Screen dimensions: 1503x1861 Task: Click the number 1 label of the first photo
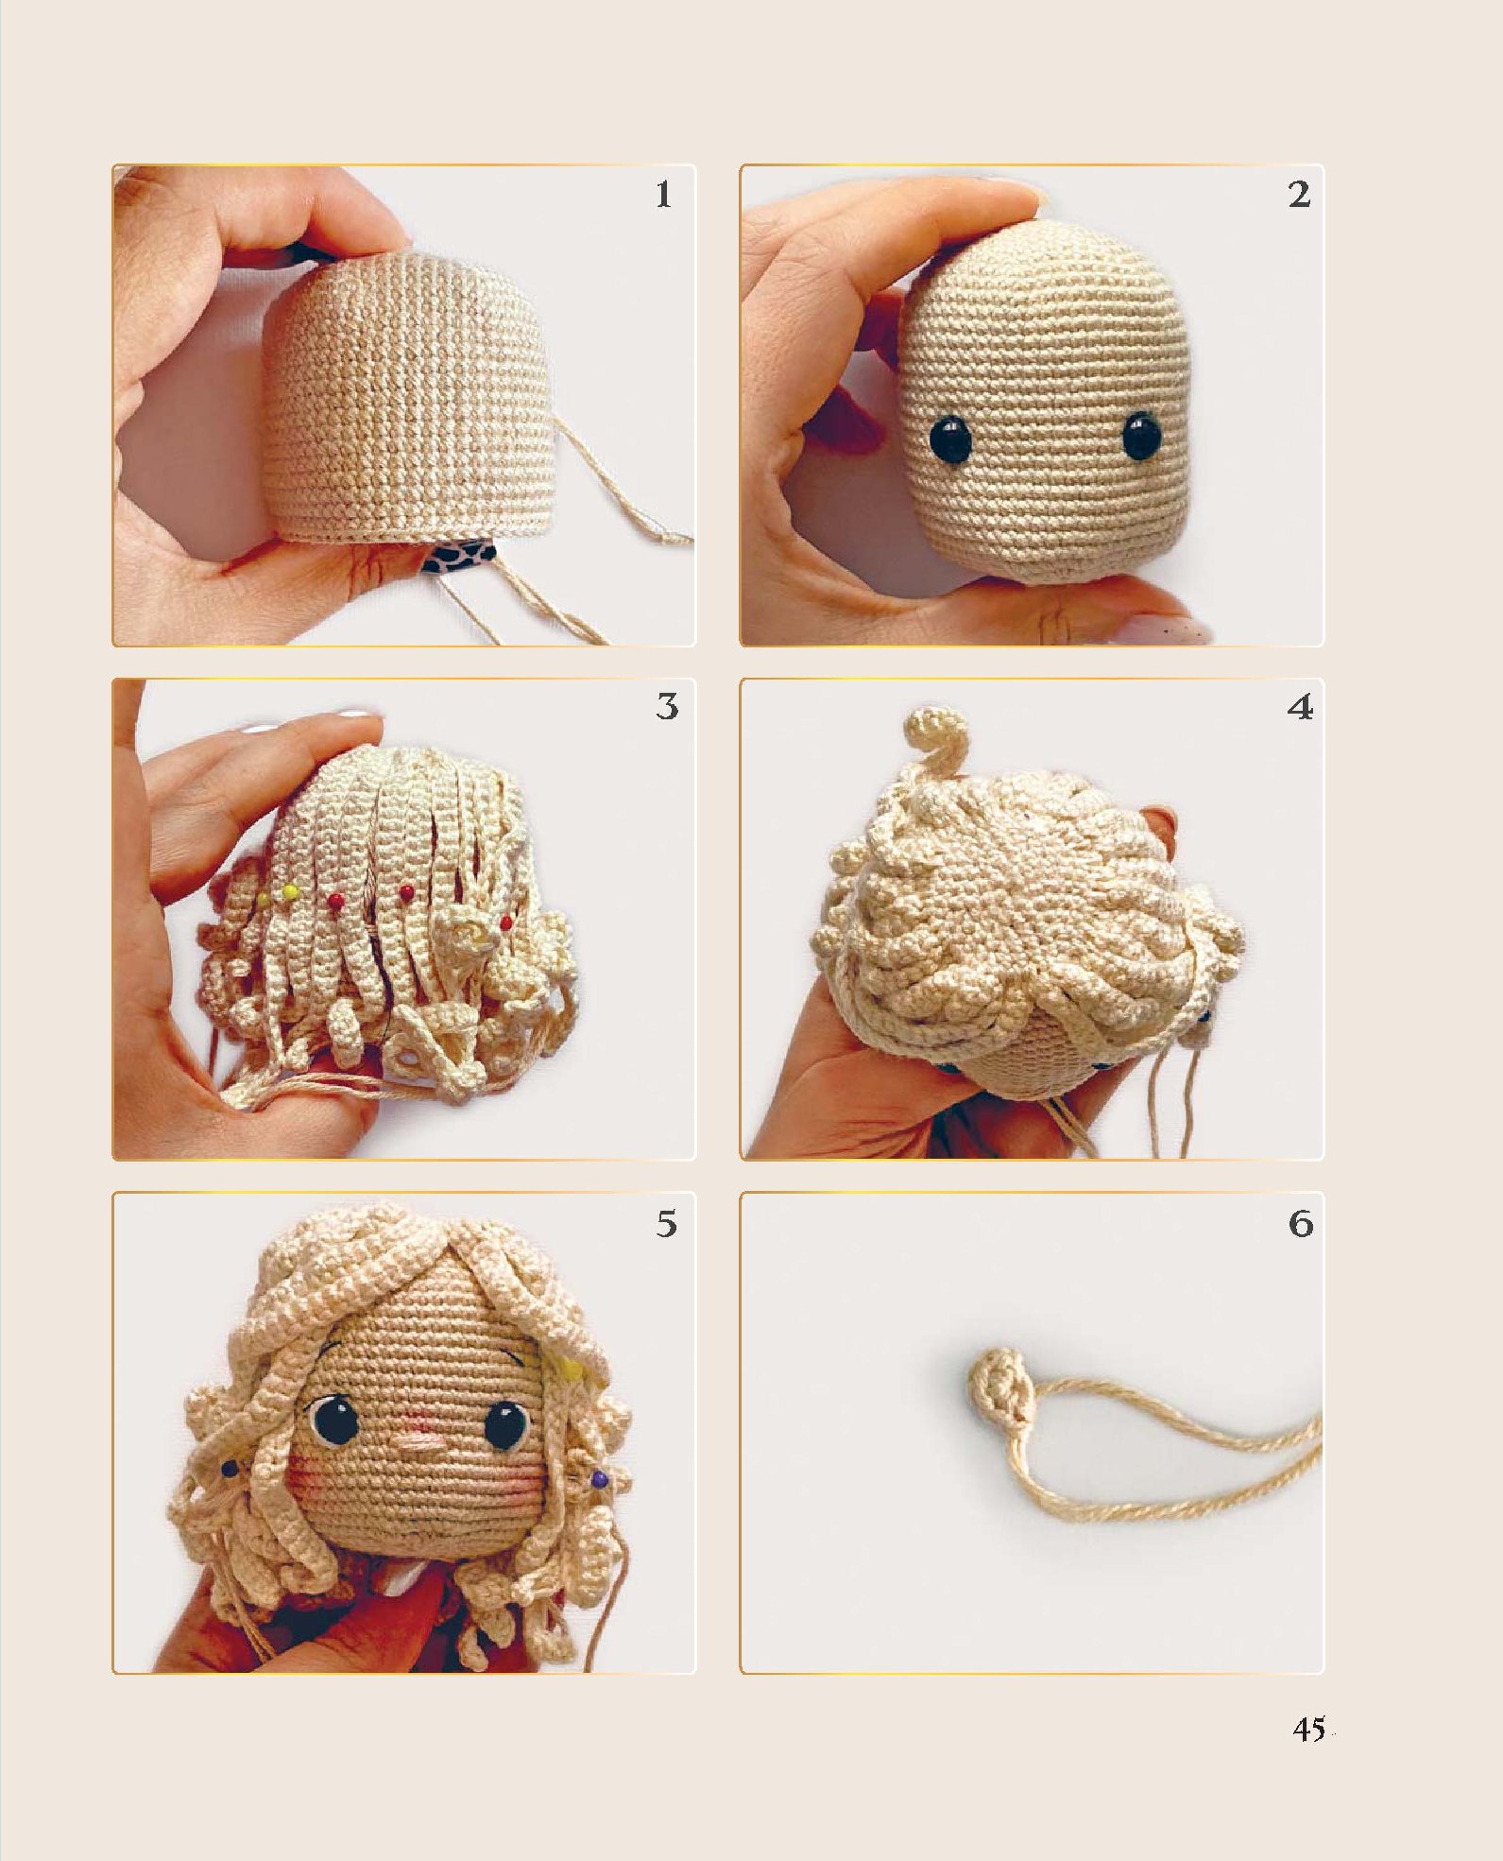[x=663, y=195]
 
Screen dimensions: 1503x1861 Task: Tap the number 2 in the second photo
[x=1299, y=195]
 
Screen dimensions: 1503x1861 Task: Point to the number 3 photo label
[x=667, y=707]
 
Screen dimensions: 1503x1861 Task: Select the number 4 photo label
[x=1300, y=707]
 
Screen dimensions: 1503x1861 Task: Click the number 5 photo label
[x=667, y=1224]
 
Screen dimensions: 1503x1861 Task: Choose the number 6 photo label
[x=1301, y=1224]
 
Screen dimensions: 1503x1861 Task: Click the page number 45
[x=1309, y=1729]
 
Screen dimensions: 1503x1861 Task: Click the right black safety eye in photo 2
[x=1142, y=436]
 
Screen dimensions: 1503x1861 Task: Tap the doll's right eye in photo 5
[x=506, y=1424]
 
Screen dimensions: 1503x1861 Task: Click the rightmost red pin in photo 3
[x=506, y=922]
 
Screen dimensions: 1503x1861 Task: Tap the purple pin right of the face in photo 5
[x=599, y=1478]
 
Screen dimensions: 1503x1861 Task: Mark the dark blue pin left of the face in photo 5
[x=229, y=1469]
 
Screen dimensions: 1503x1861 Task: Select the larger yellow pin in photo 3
[x=290, y=891]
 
